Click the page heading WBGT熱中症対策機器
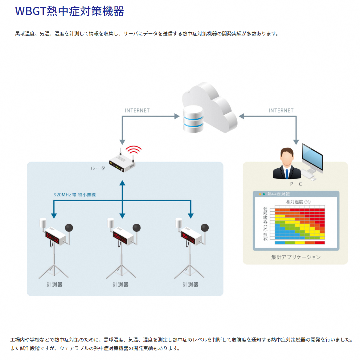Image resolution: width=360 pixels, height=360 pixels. tap(69, 11)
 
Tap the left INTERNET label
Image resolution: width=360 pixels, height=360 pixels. tap(137, 110)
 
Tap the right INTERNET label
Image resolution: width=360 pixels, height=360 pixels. tap(281, 110)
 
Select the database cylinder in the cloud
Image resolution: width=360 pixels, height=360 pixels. tap(193, 119)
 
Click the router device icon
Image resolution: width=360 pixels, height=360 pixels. tap(122, 163)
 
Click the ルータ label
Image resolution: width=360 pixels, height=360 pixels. tap(98, 168)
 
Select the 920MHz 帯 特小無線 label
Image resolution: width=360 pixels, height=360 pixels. tap(75, 195)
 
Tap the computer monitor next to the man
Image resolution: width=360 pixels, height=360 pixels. tap(312, 158)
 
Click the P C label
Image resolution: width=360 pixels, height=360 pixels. tap(296, 184)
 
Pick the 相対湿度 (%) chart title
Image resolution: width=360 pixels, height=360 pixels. tap(298, 202)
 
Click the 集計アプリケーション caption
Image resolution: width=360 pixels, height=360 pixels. tap(296, 257)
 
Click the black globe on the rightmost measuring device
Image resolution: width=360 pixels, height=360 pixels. tap(205, 228)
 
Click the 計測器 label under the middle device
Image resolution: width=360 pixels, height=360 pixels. tap(121, 284)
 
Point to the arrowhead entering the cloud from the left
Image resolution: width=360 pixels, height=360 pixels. tap(177, 116)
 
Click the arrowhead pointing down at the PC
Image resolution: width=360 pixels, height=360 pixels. tap(296, 142)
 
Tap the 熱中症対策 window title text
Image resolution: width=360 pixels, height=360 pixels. tap(279, 194)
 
